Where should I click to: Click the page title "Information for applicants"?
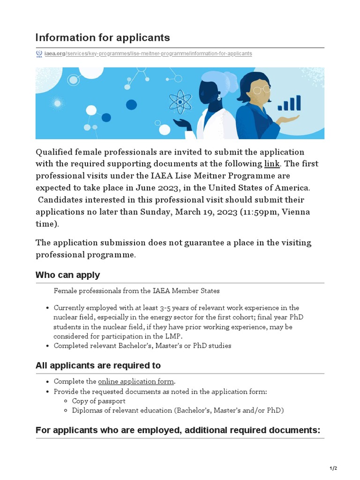(x=103, y=37)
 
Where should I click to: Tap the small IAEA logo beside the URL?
(x=39, y=53)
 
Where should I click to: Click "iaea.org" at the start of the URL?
(x=54, y=54)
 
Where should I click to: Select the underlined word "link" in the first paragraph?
(x=272, y=164)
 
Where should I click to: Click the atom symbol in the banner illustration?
(x=179, y=102)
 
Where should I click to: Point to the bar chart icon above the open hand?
(x=289, y=103)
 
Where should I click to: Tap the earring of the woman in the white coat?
(x=219, y=98)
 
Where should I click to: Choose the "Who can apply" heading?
(x=67, y=275)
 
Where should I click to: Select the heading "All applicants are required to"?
(x=98, y=366)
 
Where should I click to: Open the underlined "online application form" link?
(x=136, y=382)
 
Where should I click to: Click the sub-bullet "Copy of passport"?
(x=98, y=401)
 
